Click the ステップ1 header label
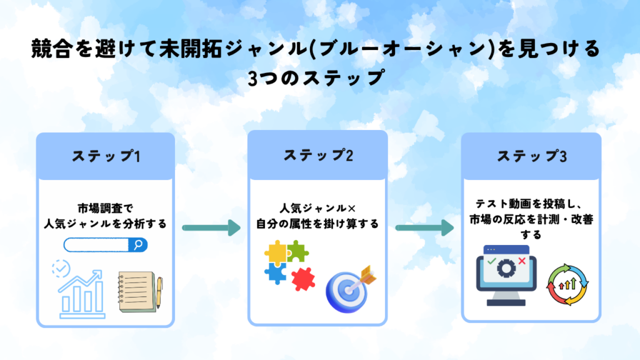[106, 156]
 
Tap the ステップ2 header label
[318, 156]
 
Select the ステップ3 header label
[532, 156]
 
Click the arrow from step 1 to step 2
[211, 227]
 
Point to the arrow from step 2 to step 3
[425, 227]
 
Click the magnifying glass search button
[138, 245]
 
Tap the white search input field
[96, 245]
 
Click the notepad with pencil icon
[141, 292]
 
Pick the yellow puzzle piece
[276, 252]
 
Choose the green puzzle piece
[298, 251]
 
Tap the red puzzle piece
[303, 279]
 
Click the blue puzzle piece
[276, 273]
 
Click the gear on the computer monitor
[506, 268]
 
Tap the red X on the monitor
[522, 261]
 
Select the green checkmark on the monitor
[492, 261]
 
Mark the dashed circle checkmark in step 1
[61, 269]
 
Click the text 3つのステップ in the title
[316, 77]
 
